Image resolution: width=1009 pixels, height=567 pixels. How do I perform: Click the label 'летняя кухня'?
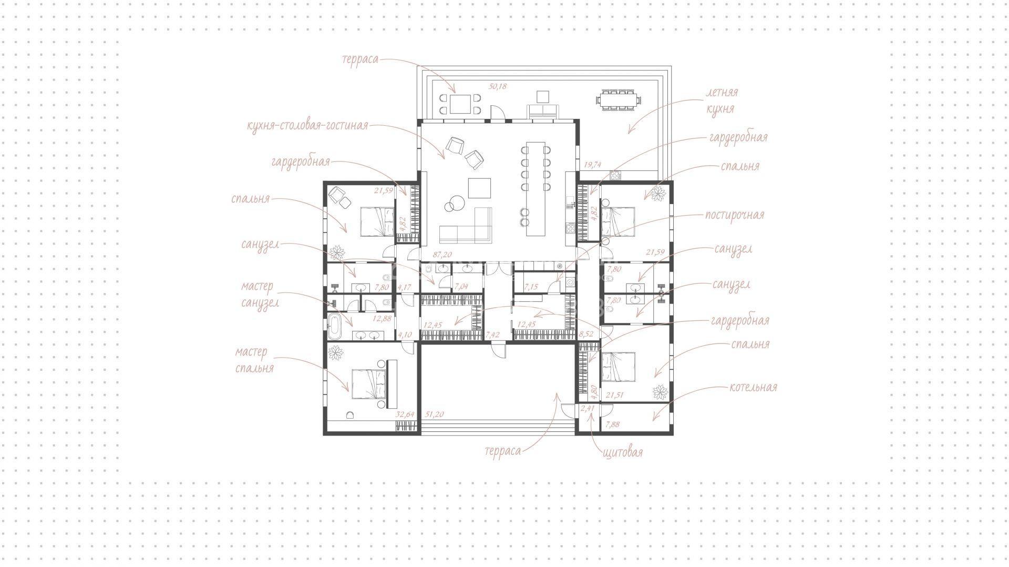tap(721, 100)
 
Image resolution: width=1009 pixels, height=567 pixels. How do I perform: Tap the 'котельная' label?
tap(753, 388)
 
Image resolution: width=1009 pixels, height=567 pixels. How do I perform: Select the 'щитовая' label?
tap(623, 452)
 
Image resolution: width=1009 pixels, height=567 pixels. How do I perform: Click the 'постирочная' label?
tap(735, 215)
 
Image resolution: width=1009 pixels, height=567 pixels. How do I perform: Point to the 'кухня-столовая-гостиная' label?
tap(307, 126)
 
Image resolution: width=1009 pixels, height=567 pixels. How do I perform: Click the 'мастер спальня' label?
tap(254, 360)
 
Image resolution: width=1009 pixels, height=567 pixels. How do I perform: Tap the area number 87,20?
tap(442, 255)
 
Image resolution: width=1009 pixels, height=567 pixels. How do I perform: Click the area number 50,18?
tap(497, 86)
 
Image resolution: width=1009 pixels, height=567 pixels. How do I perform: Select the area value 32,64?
tap(405, 414)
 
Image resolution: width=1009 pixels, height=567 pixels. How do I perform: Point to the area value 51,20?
tap(434, 414)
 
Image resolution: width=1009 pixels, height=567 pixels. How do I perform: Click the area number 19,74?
tap(592, 165)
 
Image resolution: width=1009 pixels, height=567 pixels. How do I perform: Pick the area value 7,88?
tap(613, 424)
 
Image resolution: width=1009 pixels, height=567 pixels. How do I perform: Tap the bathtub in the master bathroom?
tap(334, 327)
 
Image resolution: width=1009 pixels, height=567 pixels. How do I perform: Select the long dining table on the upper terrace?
tap(618, 100)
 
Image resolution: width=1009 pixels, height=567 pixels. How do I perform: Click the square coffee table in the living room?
tap(479, 188)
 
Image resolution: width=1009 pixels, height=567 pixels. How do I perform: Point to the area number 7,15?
tap(531, 287)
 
